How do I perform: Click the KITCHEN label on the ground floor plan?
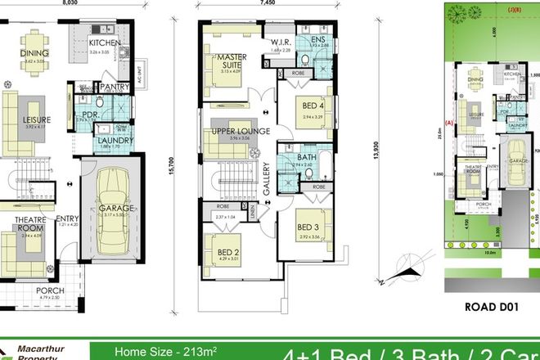[106, 43]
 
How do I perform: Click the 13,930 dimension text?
[376, 155]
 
